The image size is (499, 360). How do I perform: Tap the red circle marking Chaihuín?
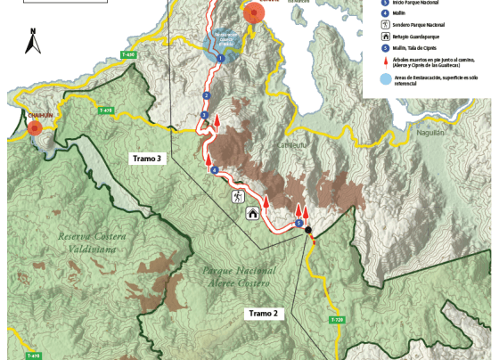tap(35, 128)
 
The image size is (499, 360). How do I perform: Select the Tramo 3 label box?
tap(147, 158)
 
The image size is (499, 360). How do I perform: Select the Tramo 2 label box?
tap(264, 314)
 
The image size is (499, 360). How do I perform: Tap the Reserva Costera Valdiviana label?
tap(93, 242)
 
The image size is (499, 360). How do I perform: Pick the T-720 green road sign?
tap(336, 319)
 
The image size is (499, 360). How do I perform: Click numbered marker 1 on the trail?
tap(219, 58)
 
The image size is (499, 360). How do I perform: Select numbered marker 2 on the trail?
tap(207, 95)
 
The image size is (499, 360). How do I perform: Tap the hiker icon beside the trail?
tap(237, 195)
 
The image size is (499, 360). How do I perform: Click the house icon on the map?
tap(253, 213)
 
